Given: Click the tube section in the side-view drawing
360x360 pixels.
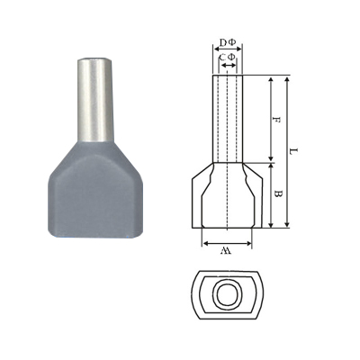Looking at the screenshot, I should click(229, 117).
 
